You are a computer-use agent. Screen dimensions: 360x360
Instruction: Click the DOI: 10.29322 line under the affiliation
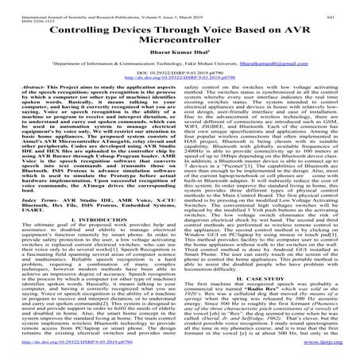(180, 96)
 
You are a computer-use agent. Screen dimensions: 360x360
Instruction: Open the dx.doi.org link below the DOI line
(180, 102)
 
